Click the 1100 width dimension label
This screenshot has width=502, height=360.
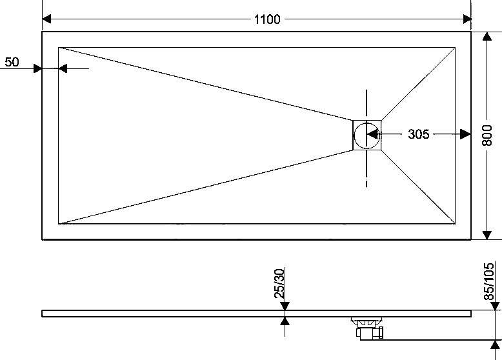[267, 19]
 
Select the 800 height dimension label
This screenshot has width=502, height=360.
[487, 135]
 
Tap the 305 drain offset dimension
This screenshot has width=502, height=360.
[418, 134]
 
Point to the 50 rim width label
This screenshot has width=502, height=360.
[12, 62]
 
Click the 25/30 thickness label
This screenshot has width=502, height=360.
[279, 283]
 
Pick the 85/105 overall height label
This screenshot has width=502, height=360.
[488, 281]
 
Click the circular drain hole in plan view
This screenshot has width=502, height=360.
[366, 135]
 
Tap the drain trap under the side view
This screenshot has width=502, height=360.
[368, 327]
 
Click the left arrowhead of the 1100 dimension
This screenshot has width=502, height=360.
[46, 19]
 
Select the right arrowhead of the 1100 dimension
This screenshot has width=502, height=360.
[467, 19]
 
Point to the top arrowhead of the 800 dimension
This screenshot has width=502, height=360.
[487, 37]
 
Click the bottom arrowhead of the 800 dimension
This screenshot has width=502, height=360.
[487, 235]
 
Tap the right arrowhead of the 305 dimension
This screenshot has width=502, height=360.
[465, 134]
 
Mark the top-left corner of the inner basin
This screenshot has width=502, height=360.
[58, 47]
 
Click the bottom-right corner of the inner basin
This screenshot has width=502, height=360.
[455, 224]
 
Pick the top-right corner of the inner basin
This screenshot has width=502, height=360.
[455, 47]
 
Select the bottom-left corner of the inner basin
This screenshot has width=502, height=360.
[58, 224]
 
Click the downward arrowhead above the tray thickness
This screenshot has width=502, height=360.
[285, 306]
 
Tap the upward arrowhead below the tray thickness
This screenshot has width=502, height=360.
[285, 321]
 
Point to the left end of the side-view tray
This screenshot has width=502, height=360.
[42, 314]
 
